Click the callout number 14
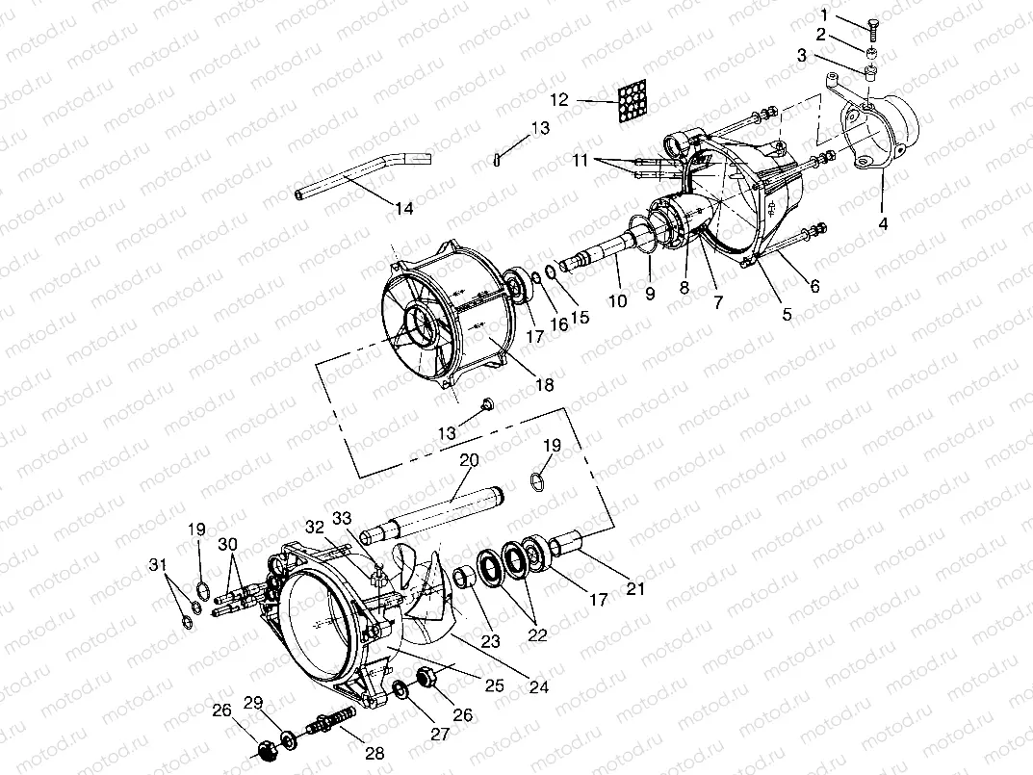[x=405, y=207]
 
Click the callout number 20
[x=468, y=461]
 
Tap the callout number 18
[x=544, y=384]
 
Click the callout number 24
[x=538, y=687]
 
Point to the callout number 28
[x=374, y=753]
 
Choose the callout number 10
[x=617, y=301]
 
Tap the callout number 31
[x=157, y=564]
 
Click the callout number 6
[x=814, y=285]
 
